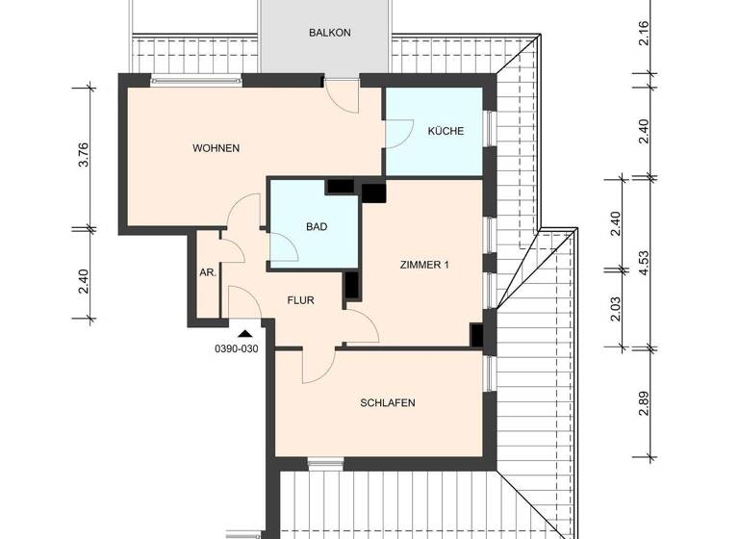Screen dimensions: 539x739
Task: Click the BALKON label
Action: [x=330, y=32]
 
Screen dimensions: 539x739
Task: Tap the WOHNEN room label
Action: [x=216, y=148]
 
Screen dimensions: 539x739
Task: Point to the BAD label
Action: [x=317, y=228]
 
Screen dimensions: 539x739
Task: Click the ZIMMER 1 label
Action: [x=424, y=265]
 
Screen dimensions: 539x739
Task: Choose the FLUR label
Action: [x=301, y=299]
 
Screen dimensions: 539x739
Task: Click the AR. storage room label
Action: [x=207, y=272]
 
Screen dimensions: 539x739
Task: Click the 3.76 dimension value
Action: [x=84, y=155]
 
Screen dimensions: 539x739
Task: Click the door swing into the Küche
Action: [x=399, y=131]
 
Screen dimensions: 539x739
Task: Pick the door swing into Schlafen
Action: [x=317, y=365]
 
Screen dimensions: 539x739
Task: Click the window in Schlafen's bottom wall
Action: [x=319, y=463]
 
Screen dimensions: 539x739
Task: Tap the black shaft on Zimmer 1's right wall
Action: [x=476, y=334]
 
